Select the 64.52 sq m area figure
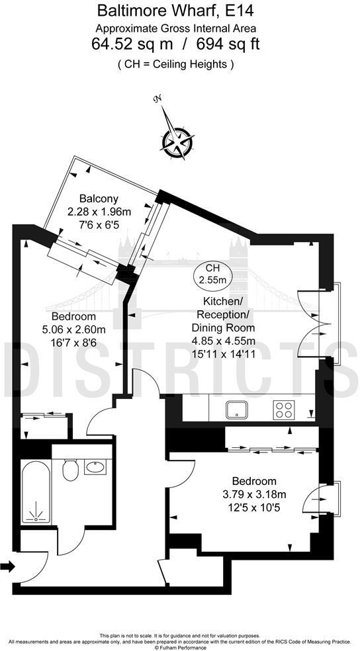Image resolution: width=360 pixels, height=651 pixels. (131, 44)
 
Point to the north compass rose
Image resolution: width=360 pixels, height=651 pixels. (177, 140)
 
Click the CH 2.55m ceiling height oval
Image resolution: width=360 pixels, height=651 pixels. (212, 274)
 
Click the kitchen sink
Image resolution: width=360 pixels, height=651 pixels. (236, 410)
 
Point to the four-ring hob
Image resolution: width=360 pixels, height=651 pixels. (285, 410)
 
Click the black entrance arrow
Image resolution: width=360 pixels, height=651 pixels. (8, 566)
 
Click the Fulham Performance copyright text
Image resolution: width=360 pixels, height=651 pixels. (180, 647)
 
